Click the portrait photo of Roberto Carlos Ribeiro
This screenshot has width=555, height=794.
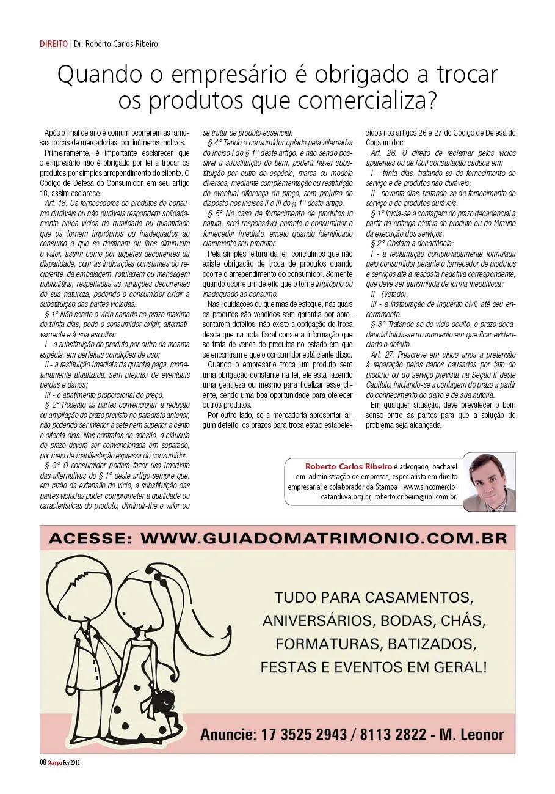point(489,481)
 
